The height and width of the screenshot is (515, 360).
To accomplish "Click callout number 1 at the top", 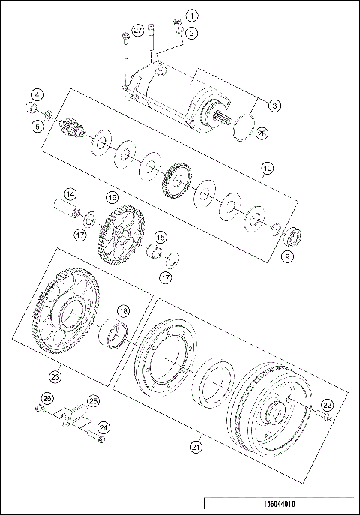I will (x=193, y=15).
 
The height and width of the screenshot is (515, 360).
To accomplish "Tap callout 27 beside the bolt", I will (x=137, y=29).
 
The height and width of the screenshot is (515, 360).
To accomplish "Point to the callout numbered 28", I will (x=262, y=133).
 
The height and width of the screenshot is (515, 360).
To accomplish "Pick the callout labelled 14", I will (x=69, y=194).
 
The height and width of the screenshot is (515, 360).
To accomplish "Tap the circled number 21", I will (x=196, y=448).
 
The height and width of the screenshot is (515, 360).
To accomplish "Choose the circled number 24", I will (x=103, y=427).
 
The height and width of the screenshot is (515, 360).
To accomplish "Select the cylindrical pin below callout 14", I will (x=68, y=208).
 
